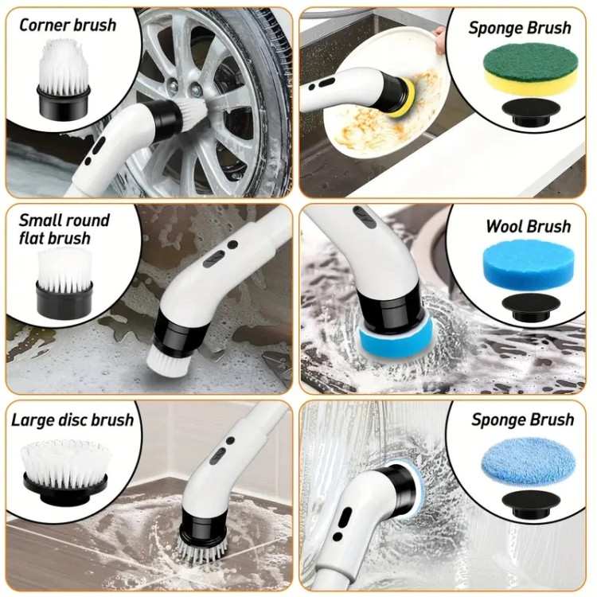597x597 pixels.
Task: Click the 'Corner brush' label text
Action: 68,25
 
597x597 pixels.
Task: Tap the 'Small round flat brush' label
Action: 64,229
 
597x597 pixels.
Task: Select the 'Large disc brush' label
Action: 72,420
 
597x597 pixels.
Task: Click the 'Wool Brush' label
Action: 528,226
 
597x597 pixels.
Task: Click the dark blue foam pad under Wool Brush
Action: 531,265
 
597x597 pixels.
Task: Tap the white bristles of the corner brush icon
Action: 63,68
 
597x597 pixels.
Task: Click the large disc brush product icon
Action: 65,470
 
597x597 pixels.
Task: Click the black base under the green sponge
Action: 530,112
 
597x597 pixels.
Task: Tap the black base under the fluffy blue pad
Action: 530,504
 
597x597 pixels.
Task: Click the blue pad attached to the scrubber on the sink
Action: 396,338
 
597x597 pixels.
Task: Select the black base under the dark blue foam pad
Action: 530,307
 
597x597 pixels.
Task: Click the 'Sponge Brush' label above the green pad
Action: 520,28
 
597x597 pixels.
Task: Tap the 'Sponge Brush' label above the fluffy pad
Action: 522,419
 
